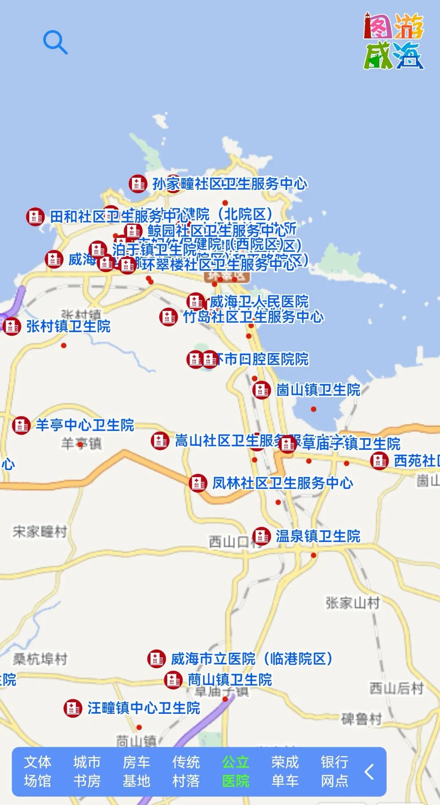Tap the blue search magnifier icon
[x=55, y=42]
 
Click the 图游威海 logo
[x=394, y=41]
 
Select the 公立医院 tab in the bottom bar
[x=235, y=772]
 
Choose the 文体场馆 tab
[x=37, y=772]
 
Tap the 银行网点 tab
[x=334, y=772]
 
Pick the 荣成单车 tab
[x=285, y=772]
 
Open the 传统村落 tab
[x=186, y=772]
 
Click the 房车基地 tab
[x=136, y=772]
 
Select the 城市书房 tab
[x=87, y=772]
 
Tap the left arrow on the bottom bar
[x=369, y=772]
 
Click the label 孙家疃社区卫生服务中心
[x=230, y=184]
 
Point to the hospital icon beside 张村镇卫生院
[x=11, y=326]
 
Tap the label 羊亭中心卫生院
[x=85, y=425]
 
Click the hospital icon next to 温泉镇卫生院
[x=261, y=536]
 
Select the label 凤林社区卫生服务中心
[x=282, y=483]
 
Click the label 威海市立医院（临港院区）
[x=252, y=658]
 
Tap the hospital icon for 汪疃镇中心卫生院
[x=73, y=708]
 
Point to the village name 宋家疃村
[x=40, y=532]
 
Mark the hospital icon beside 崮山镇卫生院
[x=262, y=390]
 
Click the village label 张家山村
[x=353, y=603]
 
